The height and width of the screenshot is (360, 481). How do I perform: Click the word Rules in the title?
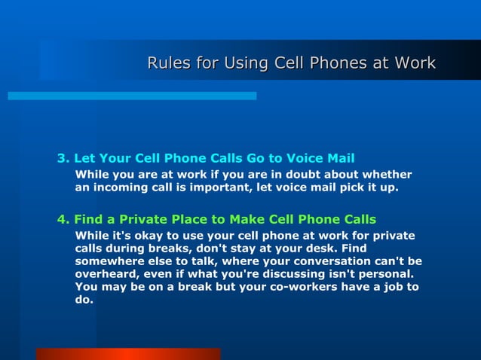point(169,63)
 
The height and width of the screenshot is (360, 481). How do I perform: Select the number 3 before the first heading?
point(62,159)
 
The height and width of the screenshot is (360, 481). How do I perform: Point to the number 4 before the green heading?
point(62,220)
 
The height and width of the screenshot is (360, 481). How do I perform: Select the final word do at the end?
point(84,300)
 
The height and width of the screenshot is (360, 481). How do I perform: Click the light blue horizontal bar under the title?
point(132,96)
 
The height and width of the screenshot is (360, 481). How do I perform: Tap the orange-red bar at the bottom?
point(128,354)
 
